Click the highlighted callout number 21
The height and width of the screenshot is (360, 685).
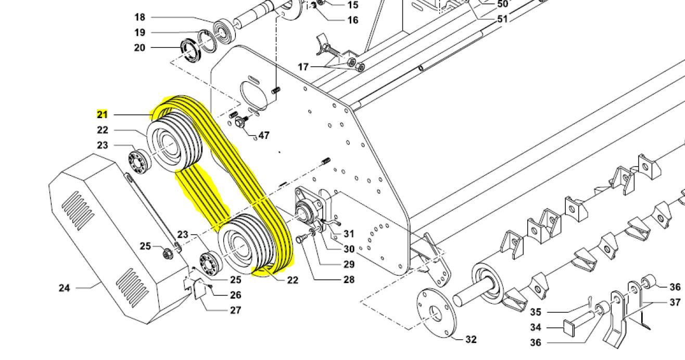102,114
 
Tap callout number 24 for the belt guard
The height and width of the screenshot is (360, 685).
64,287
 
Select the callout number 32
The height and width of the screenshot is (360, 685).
471,340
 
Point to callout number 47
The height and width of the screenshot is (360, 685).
264,135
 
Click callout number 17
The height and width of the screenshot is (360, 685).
303,67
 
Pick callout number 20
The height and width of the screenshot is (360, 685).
139,48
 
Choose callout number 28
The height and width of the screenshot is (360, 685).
349,279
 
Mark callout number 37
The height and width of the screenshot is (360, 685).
675,302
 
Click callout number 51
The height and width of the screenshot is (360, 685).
502,19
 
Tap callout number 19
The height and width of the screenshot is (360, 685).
139,33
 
